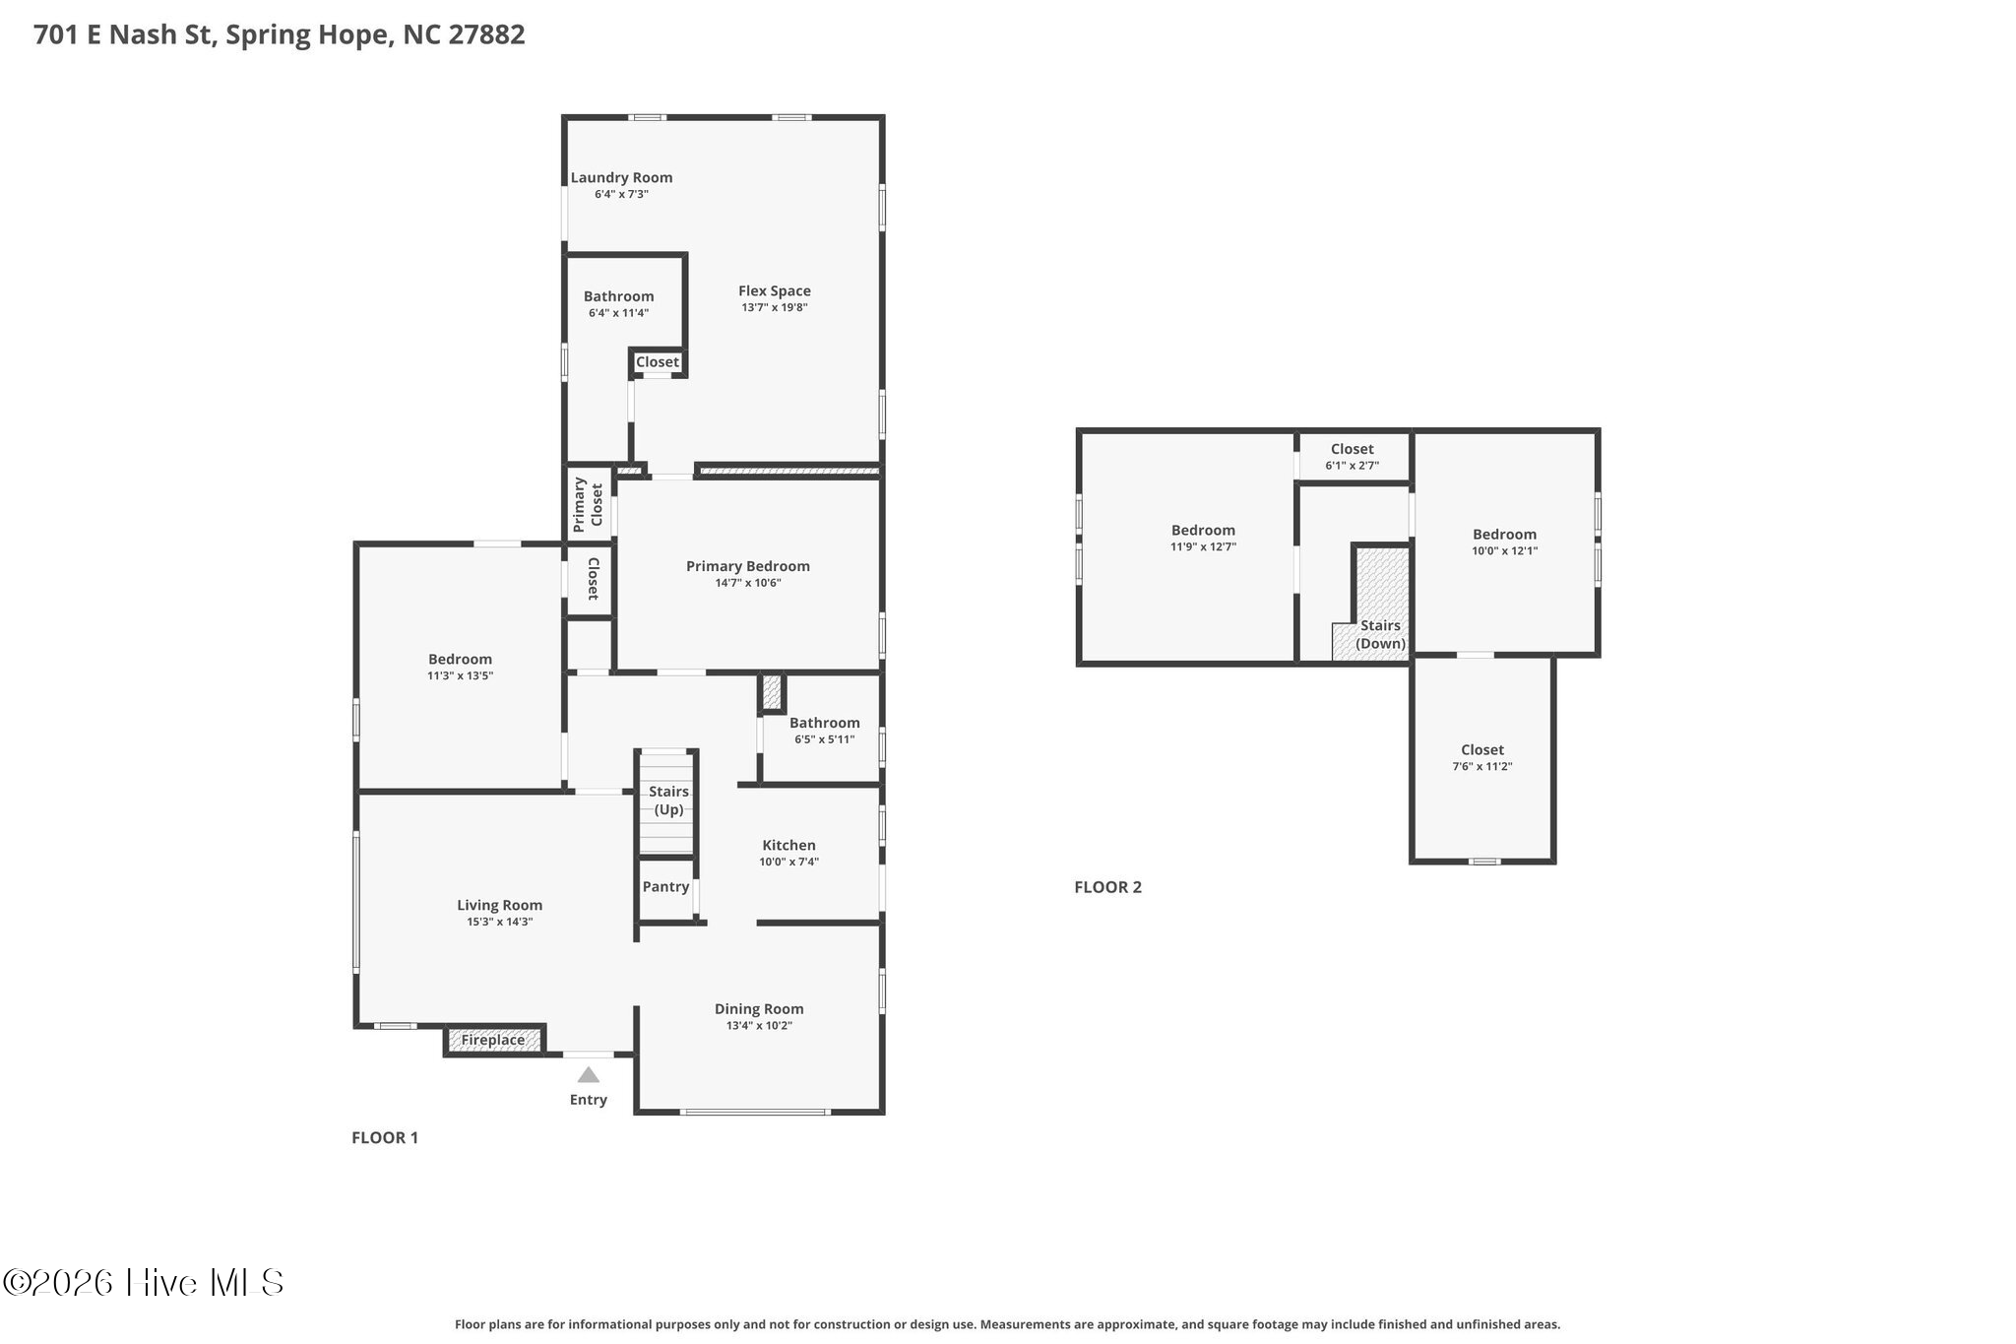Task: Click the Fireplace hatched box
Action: click(x=493, y=1040)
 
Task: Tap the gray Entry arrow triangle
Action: click(x=588, y=1074)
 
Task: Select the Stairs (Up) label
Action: click(x=668, y=800)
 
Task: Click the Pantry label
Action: click(x=665, y=886)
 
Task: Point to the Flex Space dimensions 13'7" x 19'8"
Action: click(x=775, y=307)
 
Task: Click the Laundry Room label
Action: click(x=622, y=177)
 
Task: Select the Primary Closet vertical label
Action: click(x=588, y=505)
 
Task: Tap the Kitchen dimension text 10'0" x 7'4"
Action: click(x=788, y=862)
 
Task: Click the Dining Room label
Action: click(x=759, y=1008)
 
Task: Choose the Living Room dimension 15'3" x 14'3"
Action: click(x=500, y=922)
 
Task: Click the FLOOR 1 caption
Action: click(x=385, y=1137)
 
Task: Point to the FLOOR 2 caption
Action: click(x=1107, y=886)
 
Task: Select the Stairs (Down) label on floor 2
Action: click(x=1380, y=634)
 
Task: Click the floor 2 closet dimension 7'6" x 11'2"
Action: click(x=1482, y=766)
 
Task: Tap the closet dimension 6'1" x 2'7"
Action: click(x=1352, y=466)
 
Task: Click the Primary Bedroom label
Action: click(x=748, y=566)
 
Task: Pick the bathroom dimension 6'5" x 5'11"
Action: click(x=825, y=739)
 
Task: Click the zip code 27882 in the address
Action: click(x=486, y=34)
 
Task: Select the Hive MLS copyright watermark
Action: click(x=144, y=1282)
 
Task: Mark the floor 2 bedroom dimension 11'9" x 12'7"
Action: click(x=1203, y=546)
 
